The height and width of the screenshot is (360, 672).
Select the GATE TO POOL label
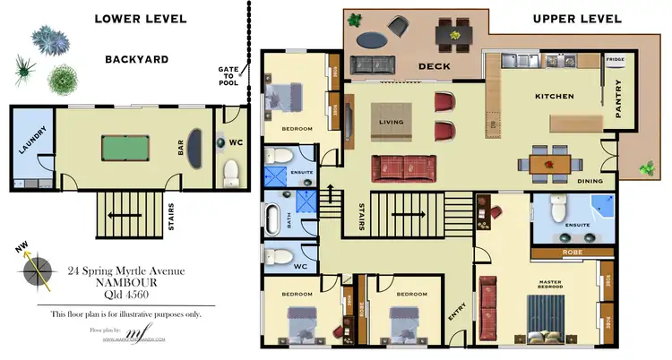(x=228, y=76)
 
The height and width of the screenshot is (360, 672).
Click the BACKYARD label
(x=136, y=59)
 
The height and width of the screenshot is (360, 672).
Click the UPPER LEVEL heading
(x=576, y=18)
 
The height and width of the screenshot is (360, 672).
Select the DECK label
(x=435, y=66)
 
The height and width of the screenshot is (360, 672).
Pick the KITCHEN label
(x=554, y=95)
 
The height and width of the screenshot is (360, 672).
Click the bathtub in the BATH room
(x=272, y=219)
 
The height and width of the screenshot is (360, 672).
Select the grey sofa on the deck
(x=374, y=64)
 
